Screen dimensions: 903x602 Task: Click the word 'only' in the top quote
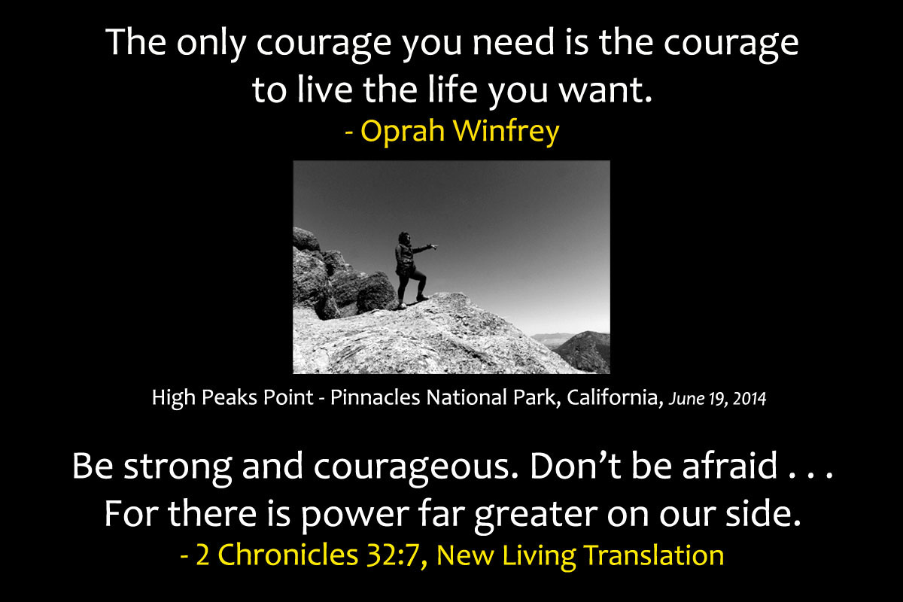tap(211, 44)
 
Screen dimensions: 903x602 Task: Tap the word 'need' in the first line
tap(513, 42)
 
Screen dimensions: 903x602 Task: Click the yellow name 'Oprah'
tap(403, 131)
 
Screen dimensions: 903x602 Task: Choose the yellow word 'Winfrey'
tap(506, 131)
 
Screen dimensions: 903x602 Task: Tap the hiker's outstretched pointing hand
tap(433, 246)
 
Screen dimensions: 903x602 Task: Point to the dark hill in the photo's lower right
tap(585, 351)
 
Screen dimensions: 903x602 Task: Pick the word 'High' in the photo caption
tap(174, 398)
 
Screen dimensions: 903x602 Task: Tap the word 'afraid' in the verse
tap(730, 465)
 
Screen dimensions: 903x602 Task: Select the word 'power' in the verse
tap(354, 516)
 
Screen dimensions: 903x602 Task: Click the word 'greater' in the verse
tap(536, 515)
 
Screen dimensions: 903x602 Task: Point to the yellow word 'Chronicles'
tap(287, 555)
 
